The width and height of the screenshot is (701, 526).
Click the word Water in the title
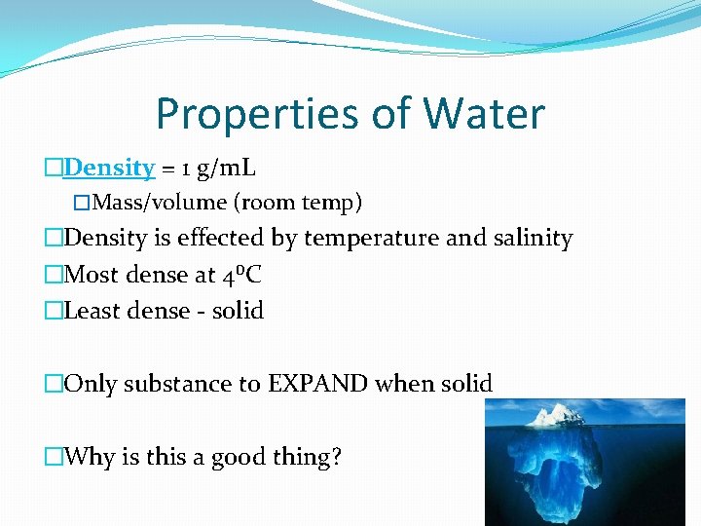tap(483, 115)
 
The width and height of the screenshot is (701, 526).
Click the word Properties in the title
tap(257, 115)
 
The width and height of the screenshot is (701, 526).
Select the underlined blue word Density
tap(109, 168)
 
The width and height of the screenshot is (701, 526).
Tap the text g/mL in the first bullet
tap(226, 168)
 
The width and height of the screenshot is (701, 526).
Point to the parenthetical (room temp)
tap(297, 203)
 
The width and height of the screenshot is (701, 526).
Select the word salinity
tap(533, 238)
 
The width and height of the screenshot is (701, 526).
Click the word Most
tap(92, 275)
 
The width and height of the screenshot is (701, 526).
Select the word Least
tap(93, 311)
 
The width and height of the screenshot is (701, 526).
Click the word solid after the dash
tap(239, 311)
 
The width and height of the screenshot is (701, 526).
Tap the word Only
tap(88, 384)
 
